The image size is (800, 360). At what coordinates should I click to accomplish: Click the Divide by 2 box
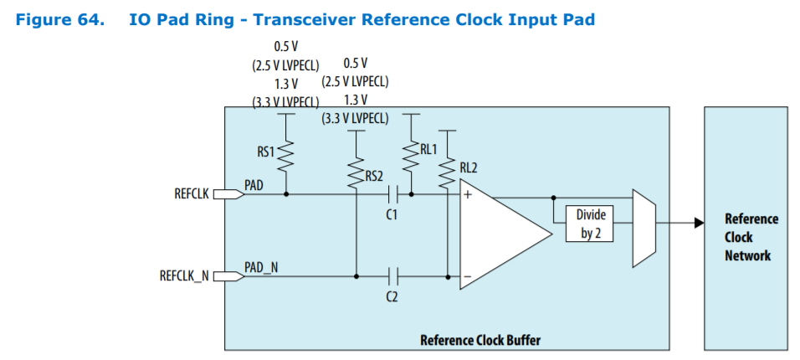[591, 224]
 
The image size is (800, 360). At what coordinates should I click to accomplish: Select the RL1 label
[428, 150]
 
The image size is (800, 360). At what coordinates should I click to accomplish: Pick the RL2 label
[468, 167]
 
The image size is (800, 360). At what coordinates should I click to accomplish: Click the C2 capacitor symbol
[393, 274]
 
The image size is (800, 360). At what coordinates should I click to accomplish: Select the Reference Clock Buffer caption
[479, 340]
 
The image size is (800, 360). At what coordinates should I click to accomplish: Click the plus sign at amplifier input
[468, 194]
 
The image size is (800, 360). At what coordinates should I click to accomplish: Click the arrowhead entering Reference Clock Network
[697, 224]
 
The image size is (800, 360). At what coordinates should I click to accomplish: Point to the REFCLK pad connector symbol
[228, 194]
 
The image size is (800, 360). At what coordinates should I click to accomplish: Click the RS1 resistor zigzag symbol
[287, 154]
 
